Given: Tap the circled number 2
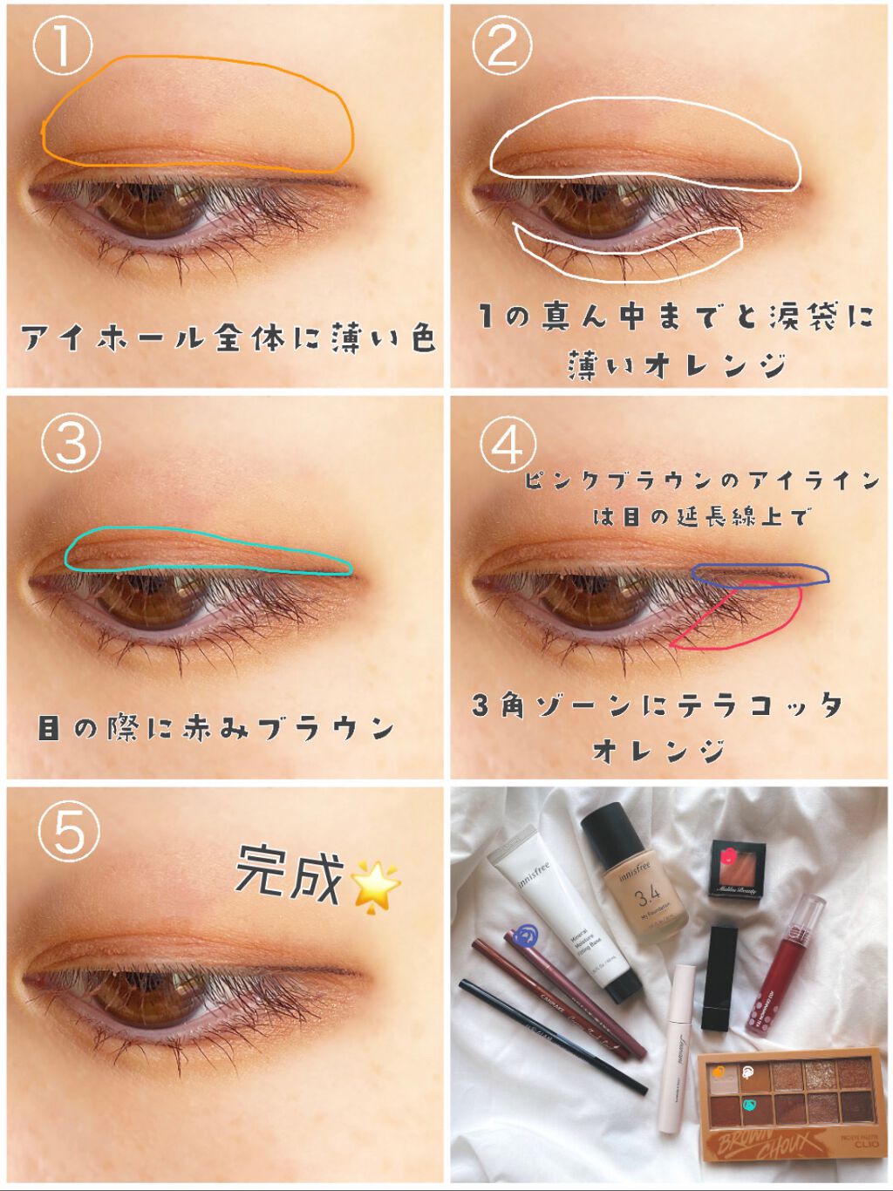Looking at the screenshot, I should [x=501, y=46].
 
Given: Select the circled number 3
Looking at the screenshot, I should [x=71, y=442].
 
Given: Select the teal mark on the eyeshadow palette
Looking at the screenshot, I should [x=748, y=1106].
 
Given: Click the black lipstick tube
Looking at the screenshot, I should [x=720, y=977].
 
